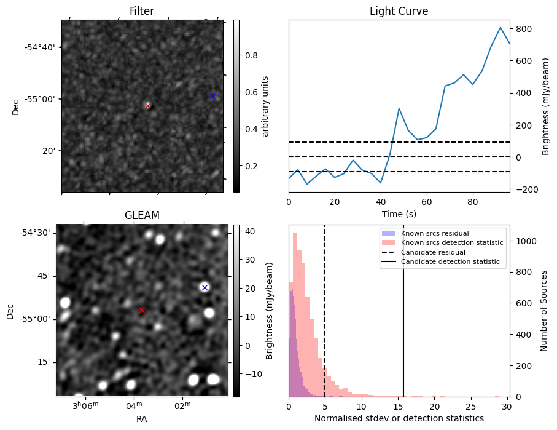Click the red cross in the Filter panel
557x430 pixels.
[x=147, y=106]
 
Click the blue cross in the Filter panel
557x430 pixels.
[x=212, y=96]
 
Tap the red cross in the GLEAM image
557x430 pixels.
[x=142, y=310]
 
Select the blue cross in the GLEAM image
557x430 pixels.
[x=204, y=287]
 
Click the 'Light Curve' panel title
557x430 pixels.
[x=399, y=11]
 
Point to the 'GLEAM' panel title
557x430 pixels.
[x=142, y=215]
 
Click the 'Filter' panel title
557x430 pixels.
[x=142, y=11]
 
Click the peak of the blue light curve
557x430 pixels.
[x=501, y=28]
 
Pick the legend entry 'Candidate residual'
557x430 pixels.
[x=429, y=252]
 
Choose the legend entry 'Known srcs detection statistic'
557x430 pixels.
[x=451, y=243]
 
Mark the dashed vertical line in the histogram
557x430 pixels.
[x=324, y=308]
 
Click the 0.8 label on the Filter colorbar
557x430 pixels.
[x=252, y=55]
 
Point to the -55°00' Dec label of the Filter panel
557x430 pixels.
[x=38, y=99]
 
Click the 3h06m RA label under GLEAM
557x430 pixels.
[x=85, y=406]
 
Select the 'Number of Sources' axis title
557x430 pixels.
[x=544, y=311]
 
